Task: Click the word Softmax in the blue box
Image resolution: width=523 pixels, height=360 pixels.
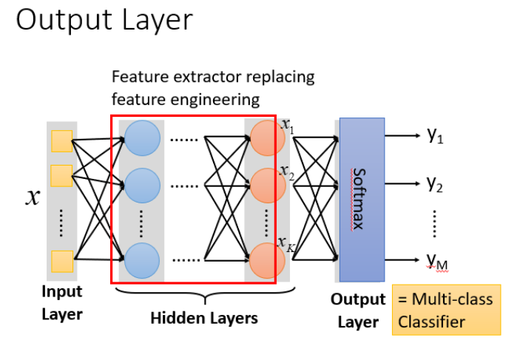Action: click(359, 198)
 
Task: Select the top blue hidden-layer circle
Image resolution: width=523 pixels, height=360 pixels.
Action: click(143, 138)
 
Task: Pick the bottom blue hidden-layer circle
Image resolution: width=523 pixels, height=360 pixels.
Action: click(143, 259)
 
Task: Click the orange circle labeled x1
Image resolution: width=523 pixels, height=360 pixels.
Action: click(266, 138)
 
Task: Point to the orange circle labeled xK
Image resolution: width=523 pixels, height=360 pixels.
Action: click(266, 259)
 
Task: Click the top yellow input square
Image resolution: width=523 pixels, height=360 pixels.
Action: click(61, 140)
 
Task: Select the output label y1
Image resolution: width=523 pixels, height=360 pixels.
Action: click(434, 135)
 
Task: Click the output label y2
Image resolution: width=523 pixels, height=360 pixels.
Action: click(434, 183)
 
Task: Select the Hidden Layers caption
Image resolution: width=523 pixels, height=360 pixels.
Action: click(203, 319)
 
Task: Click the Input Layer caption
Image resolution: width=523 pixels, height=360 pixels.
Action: click(62, 303)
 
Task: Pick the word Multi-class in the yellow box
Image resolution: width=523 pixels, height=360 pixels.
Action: click(452, 300)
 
